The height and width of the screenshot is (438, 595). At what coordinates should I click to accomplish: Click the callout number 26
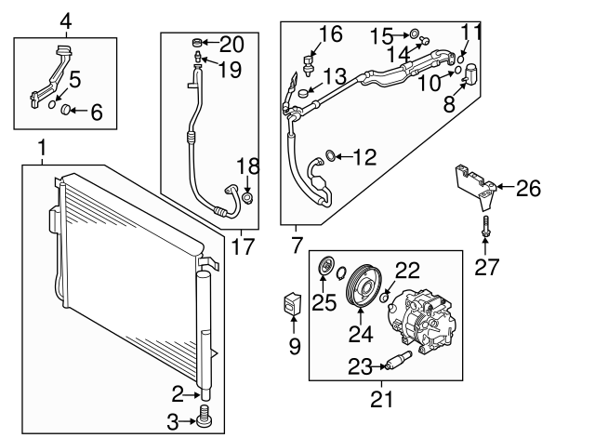coord(527,190)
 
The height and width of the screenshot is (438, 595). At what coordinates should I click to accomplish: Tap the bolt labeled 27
coord(484,226)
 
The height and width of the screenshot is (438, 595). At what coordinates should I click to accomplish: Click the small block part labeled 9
coord(292,302)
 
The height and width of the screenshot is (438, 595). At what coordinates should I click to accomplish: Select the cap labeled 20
coord(195,42)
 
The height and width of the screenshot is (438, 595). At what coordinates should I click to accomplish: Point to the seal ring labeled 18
coord(247,197)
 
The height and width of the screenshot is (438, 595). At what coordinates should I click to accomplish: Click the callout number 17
coord(242,246)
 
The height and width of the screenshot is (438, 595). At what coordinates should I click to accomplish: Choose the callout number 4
coord(64,20)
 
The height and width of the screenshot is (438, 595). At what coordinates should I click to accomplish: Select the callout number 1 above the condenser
coord(41,148)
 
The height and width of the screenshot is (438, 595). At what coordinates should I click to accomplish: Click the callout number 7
coord(297,247)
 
